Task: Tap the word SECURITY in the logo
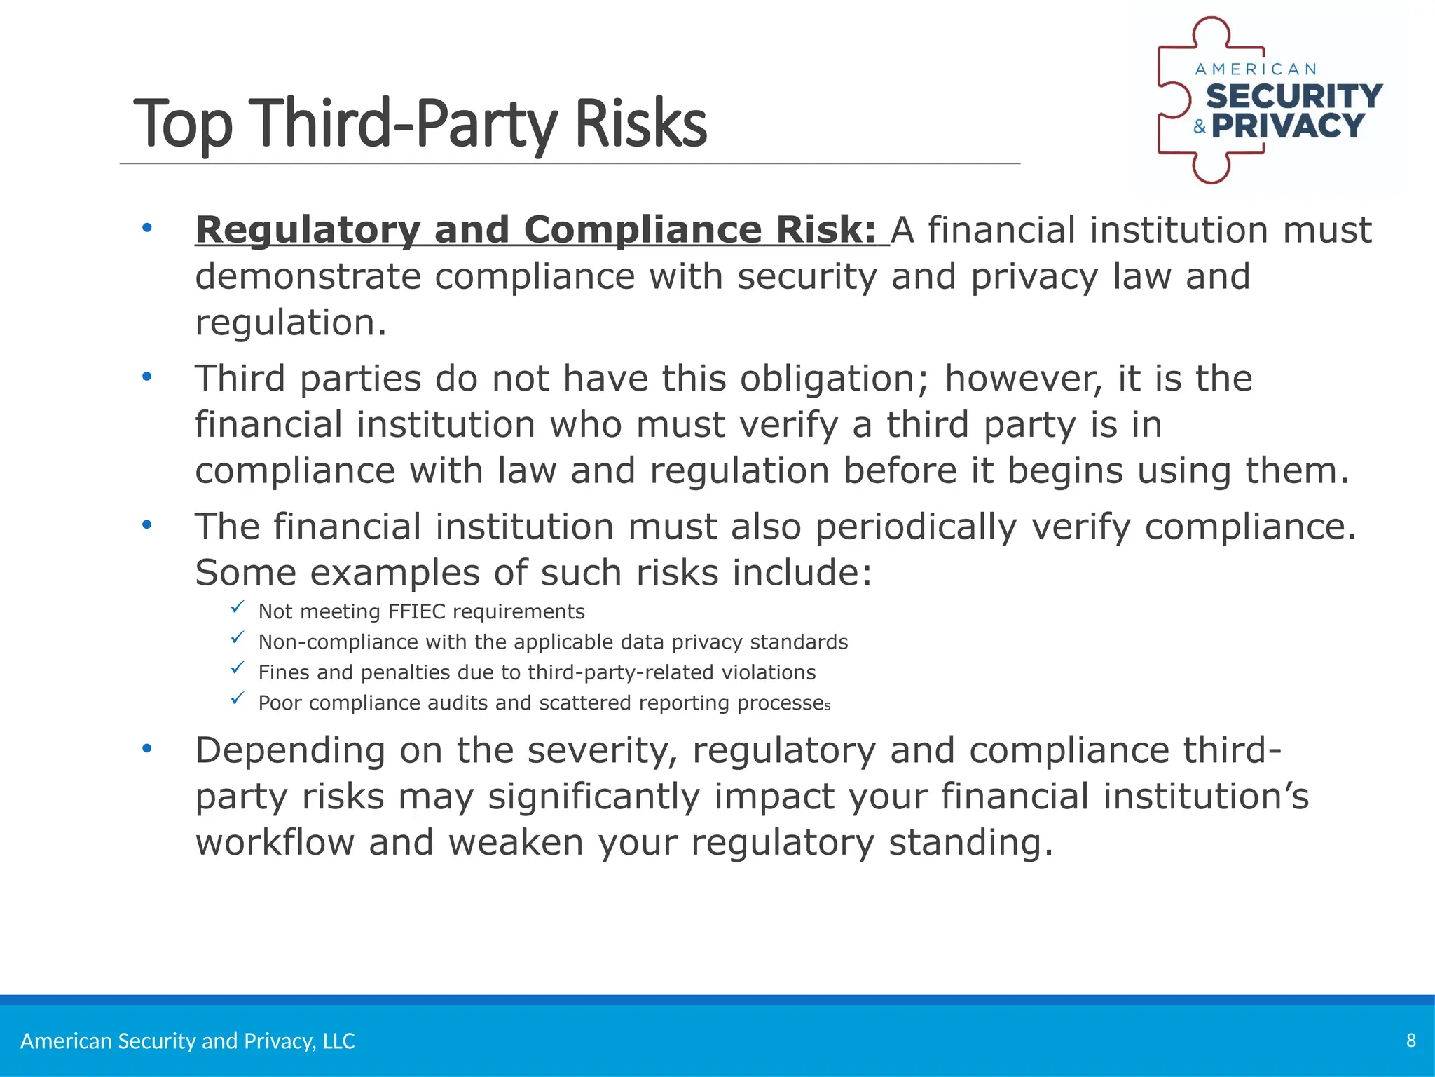pyautogui.click(x=1293, y=96)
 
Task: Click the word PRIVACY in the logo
pyautogui.click(x=1288, y=126)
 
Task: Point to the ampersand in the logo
pyautogui.click(x=1200, y=128)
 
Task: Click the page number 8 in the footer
pyautogui.click(x=1410, y=1040)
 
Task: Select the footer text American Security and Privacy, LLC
pyautogui.click(x=187, y=1041)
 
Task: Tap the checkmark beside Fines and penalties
pyautogui.click(x=238, y=669)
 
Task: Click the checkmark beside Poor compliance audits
pyautogui.click(x=238, y=699)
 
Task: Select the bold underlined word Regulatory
pyautogui.click(x=307, y=230)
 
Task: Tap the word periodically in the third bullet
pyautogui.click(x=915, y=527)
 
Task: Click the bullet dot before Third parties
pyautogui.click(x=146, y=377)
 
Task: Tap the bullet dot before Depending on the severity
pyautogui.click(x=146, y=749)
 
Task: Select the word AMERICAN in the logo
pyautogui.click(x=1256, y=69)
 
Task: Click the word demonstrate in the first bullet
pyautogui.click(x=308, y=276)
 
